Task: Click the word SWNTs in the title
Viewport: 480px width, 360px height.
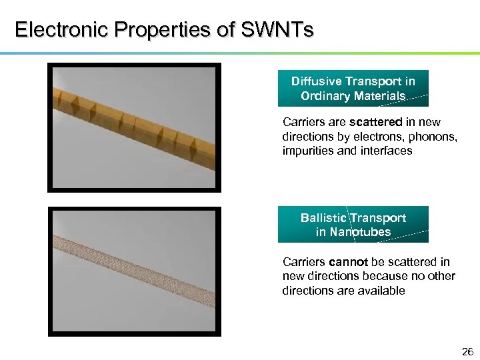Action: [x=280, y=31]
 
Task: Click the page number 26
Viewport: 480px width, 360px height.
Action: [x=467, y=351]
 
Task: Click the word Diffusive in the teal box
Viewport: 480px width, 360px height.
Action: [x=317, y=81]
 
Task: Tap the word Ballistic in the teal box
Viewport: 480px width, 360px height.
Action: [x=323, y=218]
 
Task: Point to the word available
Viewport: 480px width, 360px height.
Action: [x=381, y=291]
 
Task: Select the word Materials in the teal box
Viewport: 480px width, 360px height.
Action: [x=381, y=96]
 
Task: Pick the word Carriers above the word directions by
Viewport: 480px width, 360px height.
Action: [x=303, y=122]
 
